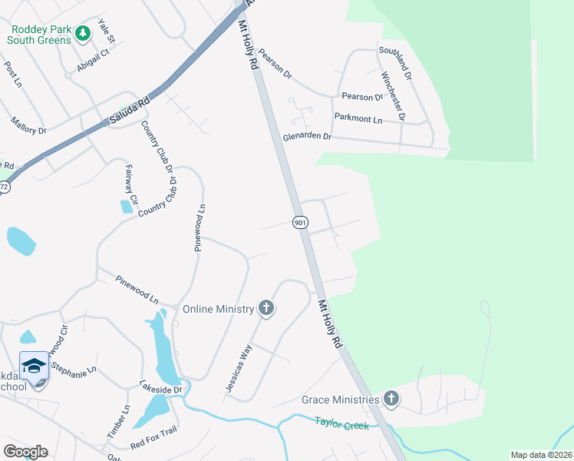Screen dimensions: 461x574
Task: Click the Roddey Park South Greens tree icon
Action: point(82,33)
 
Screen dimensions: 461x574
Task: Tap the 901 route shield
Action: point(300,222)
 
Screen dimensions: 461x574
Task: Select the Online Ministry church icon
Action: point(266,309)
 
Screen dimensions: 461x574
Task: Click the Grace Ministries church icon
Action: point(391,399)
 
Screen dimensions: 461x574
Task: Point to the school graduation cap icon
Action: point(33,366)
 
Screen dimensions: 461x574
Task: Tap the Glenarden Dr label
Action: point(306,136)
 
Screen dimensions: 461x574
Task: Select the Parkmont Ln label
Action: point(358,119)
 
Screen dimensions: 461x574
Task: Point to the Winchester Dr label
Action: point(392,96)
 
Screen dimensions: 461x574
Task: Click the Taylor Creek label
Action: point(341,423)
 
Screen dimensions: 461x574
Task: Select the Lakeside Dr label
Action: point(160,390)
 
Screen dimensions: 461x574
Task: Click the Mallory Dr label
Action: point(28,125)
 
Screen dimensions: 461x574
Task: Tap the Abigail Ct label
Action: point(93,61)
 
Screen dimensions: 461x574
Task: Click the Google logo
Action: point(25,451)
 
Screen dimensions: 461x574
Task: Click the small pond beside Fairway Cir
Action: point(126,207)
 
